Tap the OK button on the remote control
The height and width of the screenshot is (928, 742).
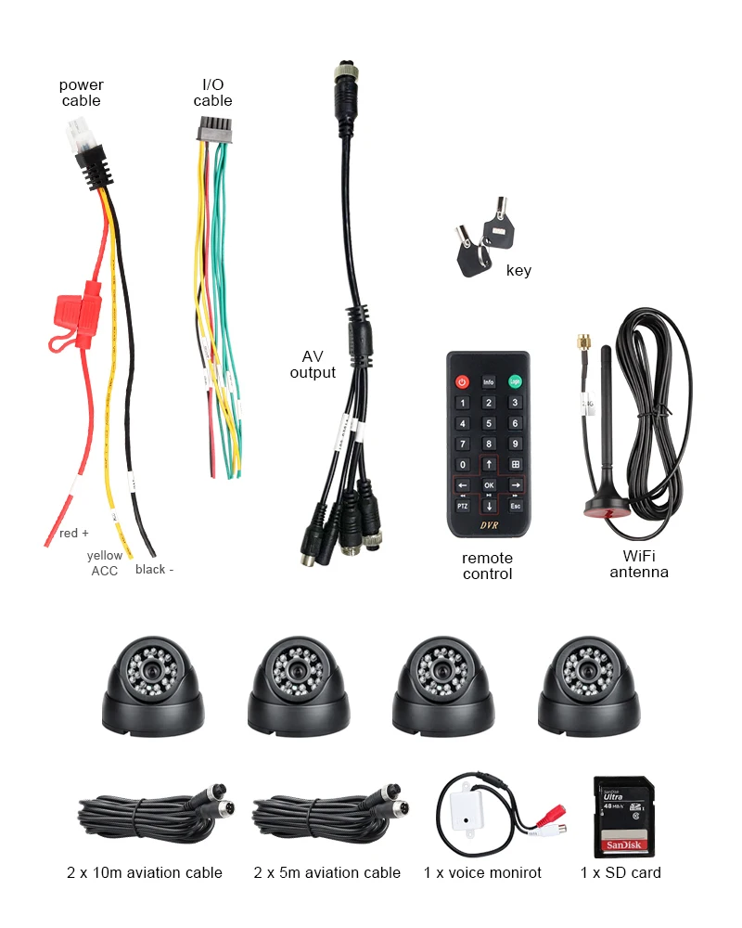(489, 485)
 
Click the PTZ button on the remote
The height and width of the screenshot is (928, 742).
(462, 506)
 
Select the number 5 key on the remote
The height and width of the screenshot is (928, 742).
(489, 423)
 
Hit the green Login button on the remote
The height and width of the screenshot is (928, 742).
(515, 381)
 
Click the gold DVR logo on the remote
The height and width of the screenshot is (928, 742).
(489, 527)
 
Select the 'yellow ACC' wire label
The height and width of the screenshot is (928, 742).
(105, 563)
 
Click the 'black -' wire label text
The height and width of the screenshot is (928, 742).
(154, 569)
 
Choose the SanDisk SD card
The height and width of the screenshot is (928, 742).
(623, 817)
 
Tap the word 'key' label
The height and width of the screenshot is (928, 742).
(518, 271)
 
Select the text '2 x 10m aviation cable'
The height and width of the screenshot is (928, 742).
(145, 872)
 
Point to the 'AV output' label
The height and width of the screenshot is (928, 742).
(313, 365)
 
